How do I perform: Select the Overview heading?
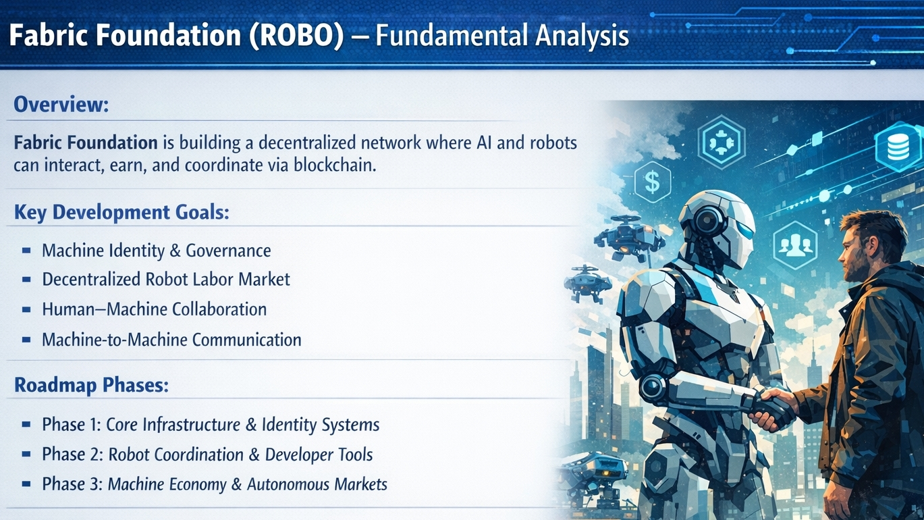61,105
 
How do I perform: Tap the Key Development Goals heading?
121,213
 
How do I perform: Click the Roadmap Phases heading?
91,385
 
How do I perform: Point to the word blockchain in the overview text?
334,165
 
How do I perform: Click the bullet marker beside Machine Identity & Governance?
26,250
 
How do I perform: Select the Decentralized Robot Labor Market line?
166,280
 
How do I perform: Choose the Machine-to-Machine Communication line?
171,340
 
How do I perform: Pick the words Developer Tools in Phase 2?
319,454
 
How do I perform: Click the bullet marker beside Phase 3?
26,484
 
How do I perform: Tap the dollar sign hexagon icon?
652,182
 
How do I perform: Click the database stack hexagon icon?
898,147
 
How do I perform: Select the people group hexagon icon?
795,245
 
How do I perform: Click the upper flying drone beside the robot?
629,236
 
